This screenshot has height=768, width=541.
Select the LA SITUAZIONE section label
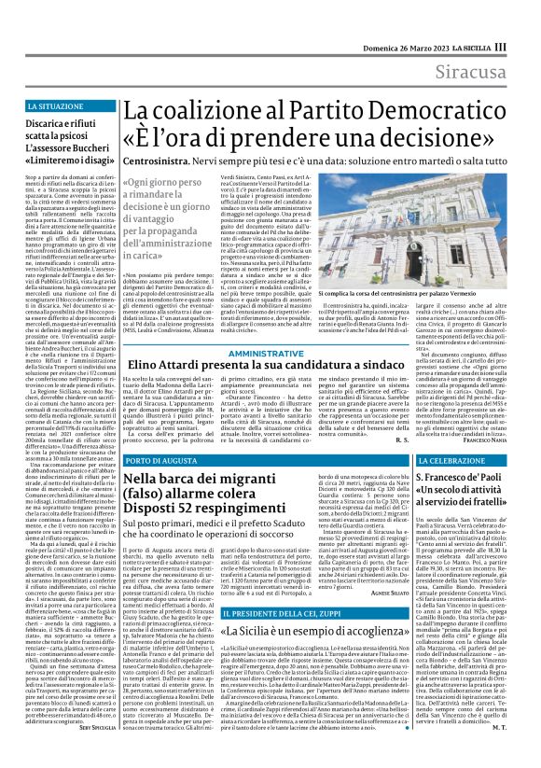(x=54, y=108)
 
